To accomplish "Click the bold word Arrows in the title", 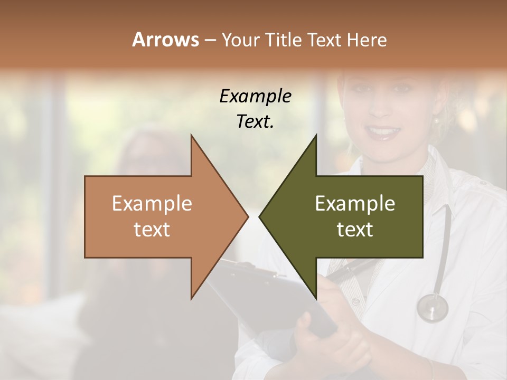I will [165, 40].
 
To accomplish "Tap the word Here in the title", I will [367, 40].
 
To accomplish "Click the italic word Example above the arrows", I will [255, 96].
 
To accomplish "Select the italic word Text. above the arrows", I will [255, 121].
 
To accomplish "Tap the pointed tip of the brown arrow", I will [247, 216].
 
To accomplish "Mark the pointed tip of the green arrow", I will [260, 216].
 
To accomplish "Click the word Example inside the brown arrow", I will [152, 204].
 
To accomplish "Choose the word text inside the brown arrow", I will [152, 230].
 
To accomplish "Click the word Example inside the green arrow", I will [355, 204].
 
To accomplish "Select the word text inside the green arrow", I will [355, 230].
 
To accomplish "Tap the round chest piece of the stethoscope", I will [432, 307].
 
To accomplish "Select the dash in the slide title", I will [210, 40].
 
